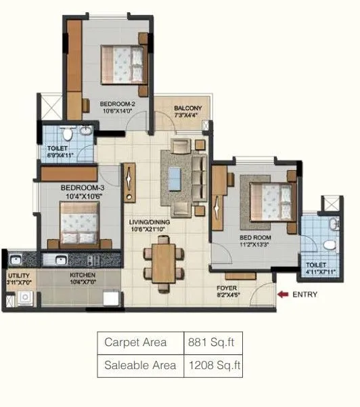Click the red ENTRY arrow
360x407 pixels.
tap(283, 295)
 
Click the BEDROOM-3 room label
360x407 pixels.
tap(82, 188)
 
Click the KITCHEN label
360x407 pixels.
tap(83, 276)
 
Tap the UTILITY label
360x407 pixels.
tap(18, 276)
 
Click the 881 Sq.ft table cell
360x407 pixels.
tap(213, 342)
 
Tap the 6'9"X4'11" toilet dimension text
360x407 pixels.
tap(60, 154)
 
